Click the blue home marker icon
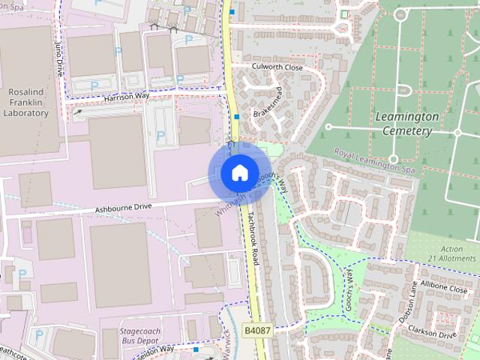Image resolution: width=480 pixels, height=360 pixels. tap(238, 173)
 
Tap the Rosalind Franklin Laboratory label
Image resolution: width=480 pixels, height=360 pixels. tap(26, 102)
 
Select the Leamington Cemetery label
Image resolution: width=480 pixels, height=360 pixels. tap(406, 124)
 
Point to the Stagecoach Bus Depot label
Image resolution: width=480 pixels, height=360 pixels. tap(148, 334)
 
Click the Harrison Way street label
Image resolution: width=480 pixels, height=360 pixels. tap(127, 97)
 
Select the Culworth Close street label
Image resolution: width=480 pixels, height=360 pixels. tap(277, 67)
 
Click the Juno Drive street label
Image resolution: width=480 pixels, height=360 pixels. tap(59, 60)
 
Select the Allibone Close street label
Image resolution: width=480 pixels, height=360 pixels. tap(444, 287)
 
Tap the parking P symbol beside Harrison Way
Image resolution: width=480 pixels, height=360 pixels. tap(94, 86)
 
